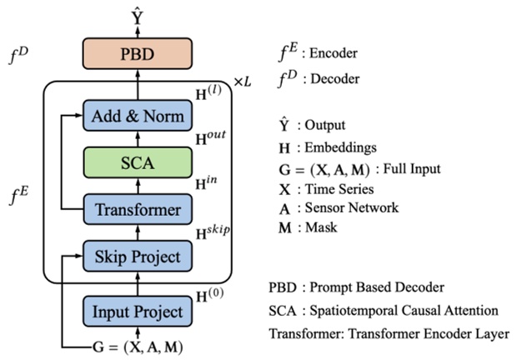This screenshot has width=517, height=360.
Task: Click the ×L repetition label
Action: pos(242,83)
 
